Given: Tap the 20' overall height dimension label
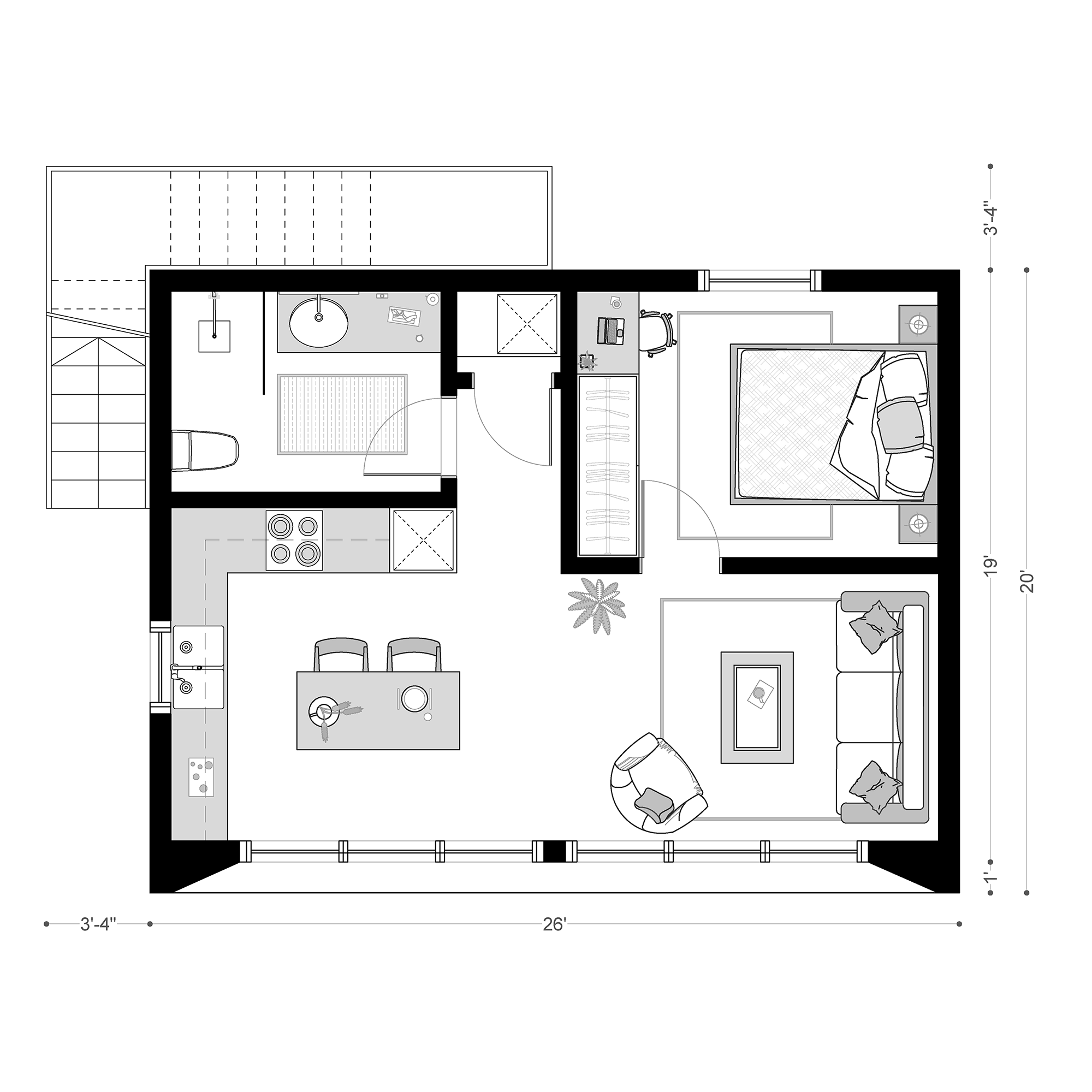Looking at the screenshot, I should click(x=1026, y=581).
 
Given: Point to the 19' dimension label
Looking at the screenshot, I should click(x=990, y=566).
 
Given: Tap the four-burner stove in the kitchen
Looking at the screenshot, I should click(x=294, y=541).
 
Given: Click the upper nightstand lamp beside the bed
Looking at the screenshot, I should click(x=918, y=324).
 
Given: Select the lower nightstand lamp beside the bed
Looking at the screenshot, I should click(x=917, y=524).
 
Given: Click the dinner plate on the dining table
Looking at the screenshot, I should click(x=414, y=698).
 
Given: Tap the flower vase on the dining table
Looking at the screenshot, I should click(x=324, y=710).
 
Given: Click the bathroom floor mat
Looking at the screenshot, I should click(x=342, y=414).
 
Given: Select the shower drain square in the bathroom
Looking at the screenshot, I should click(x=214, y=336).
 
